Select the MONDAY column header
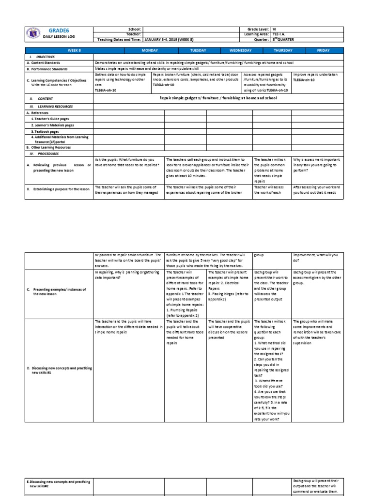150,50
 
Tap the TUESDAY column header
198,50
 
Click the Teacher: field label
132,34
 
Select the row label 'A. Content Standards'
45,63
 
